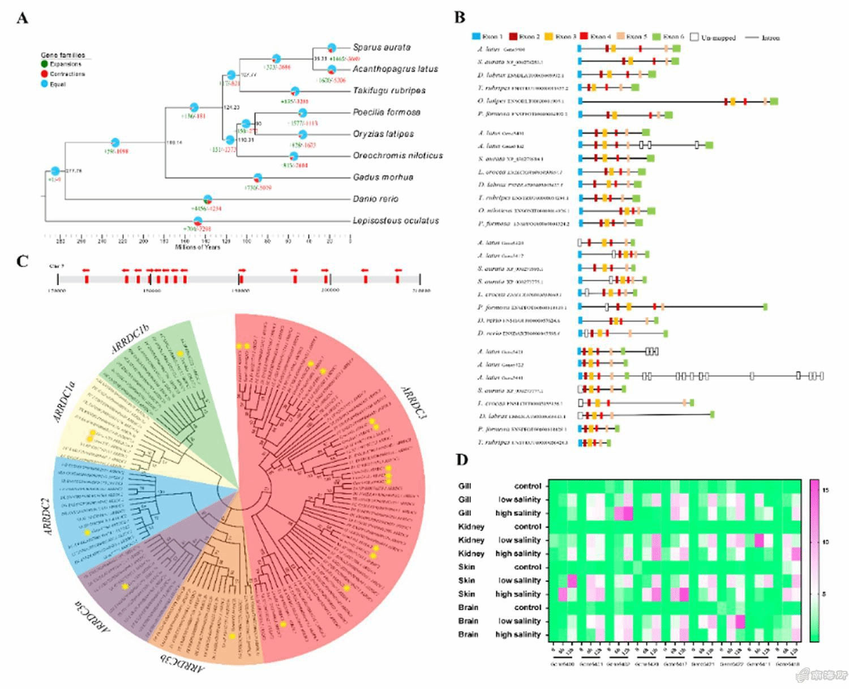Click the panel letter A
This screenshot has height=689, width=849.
[x=23, y=18]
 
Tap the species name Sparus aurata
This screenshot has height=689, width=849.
[x=381, y=47]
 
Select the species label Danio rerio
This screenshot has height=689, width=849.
[x=375, y=199]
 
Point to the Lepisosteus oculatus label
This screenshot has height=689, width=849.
[x=396, y=220]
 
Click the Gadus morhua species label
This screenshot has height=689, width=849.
[x=383, y=177]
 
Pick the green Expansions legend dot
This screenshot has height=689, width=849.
[x=44, y=64]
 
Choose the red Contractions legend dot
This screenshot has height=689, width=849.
[x=44, y=74]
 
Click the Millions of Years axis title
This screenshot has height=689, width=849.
[x=197, y=247]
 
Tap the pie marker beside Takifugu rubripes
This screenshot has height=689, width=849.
[x=294, y=91]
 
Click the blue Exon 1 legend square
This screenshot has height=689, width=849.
[x=476, y=37]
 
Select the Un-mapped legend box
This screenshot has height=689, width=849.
[x=694, y=37]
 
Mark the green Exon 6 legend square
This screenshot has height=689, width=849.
[x=657, y=37]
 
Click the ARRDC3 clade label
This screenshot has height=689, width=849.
[x=413, y=402]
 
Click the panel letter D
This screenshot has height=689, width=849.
[x=462, y=459]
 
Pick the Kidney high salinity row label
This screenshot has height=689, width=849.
[x=499, y=553]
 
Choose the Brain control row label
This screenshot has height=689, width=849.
[x=499, y=607]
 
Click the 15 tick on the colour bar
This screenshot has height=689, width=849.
[x=825, y=490]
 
